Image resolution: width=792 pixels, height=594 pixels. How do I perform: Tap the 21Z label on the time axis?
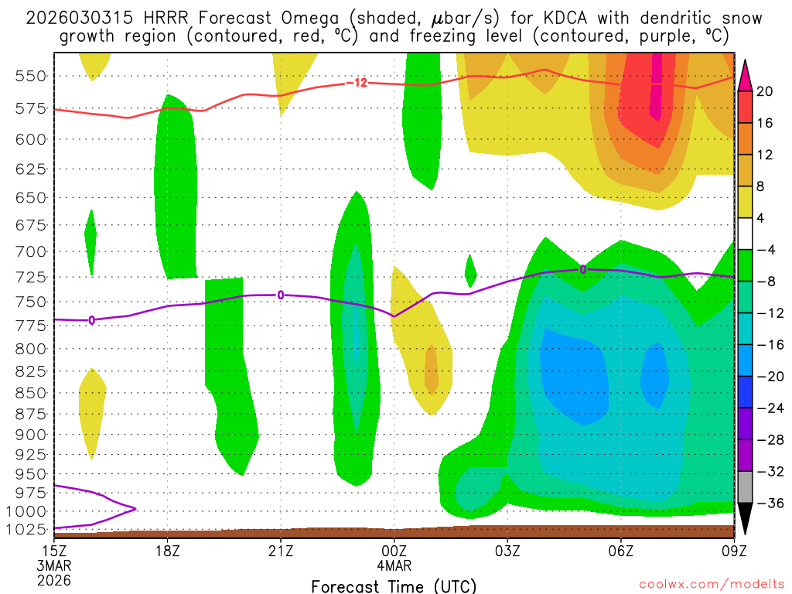tap(281, 552)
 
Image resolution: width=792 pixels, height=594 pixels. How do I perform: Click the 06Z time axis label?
tap(621, 552)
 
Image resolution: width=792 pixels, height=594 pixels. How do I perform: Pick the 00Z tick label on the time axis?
tap(394, 552)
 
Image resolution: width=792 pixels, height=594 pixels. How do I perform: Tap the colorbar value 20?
tap(765, 91)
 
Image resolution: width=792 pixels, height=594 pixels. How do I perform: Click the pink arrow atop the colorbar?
tap(746, 74)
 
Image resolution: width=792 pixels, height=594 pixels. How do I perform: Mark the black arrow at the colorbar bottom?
tap(746, 518)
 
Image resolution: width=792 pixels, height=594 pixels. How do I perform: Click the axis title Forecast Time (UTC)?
tap(394, 585)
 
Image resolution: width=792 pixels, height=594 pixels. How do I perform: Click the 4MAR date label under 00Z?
tap(394, 566)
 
